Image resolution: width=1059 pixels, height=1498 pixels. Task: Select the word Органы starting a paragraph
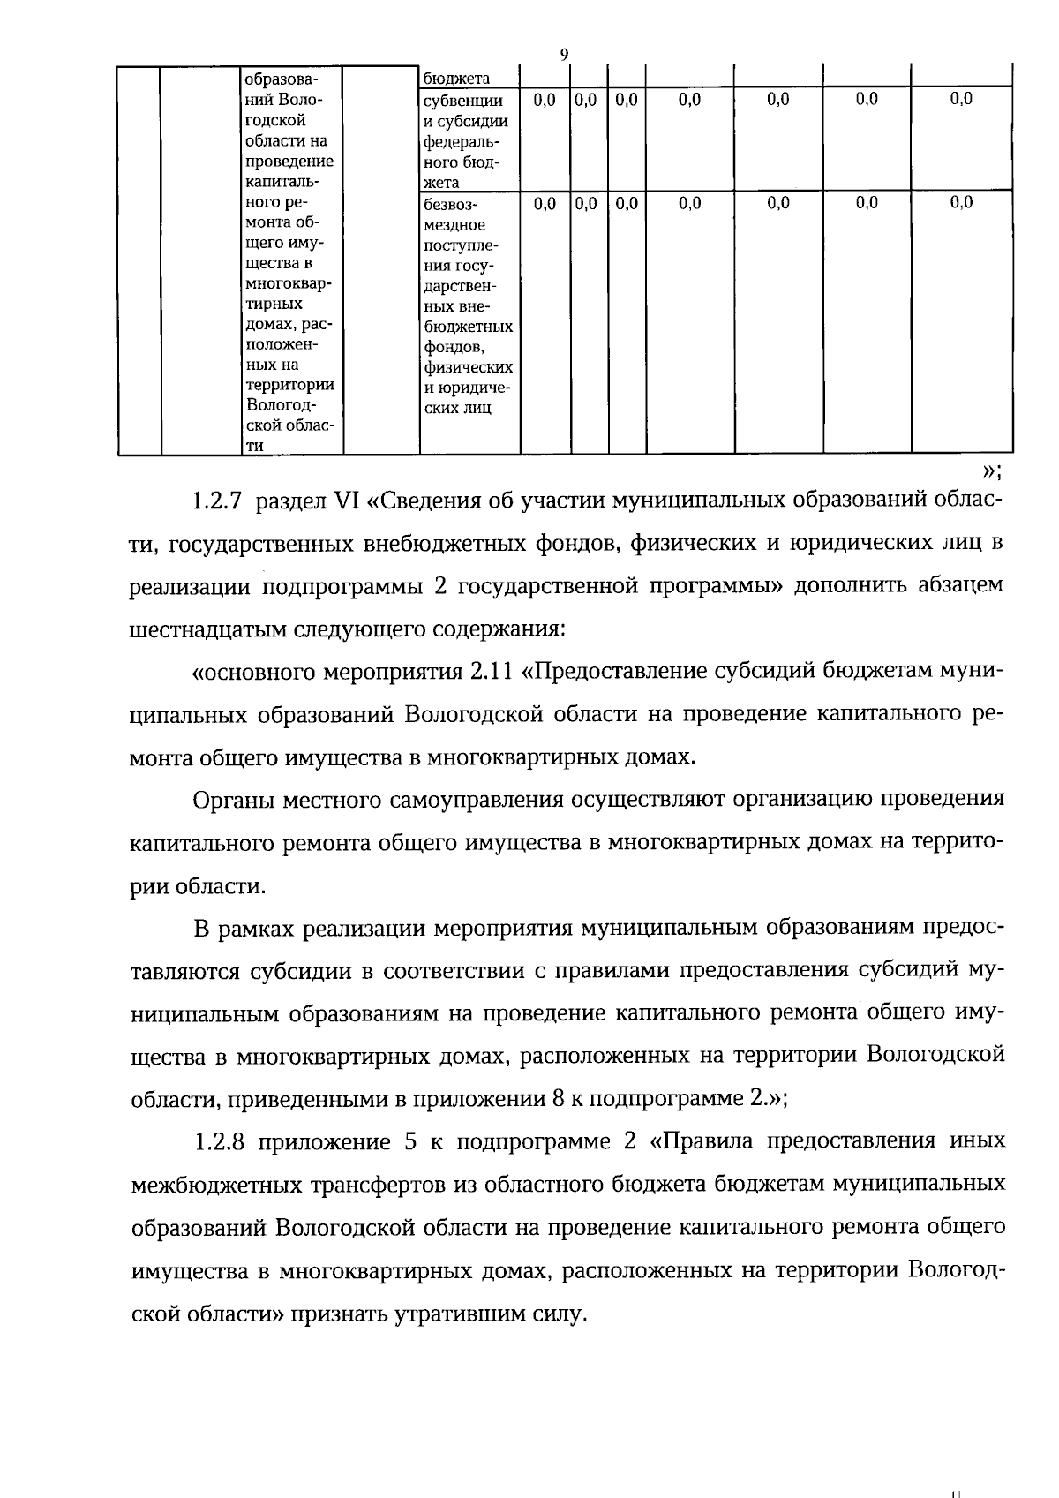pos(232,800)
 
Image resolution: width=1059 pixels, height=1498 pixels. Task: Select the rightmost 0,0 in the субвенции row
pos(961,100)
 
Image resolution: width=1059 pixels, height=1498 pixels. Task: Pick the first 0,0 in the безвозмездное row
pos(545,204)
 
